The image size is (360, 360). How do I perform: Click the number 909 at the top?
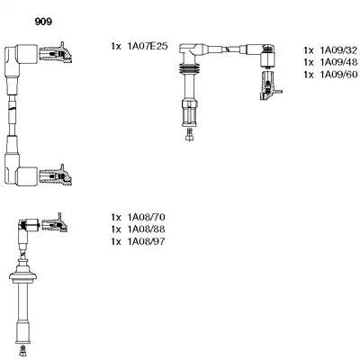(x=43, y=22)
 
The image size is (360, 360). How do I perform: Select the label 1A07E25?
(x=148, y=46)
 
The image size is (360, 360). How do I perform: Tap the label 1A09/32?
(x=338, y=50)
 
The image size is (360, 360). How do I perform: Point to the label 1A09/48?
(x=338, y=62)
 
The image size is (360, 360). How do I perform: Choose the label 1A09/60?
(x=338, y=75)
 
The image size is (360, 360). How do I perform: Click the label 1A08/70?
(x=147, y=217)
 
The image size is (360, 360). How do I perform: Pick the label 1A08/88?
(x=147, y=229)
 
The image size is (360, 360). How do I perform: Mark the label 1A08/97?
(x=147, y=241)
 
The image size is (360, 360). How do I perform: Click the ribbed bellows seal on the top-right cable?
(x=189, y=69)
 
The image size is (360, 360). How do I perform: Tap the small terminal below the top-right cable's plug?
(x=189, y=134)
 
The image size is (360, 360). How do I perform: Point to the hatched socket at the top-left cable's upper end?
(x=56, y=53)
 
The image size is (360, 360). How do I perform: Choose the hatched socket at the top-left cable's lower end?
(x=56, y=175)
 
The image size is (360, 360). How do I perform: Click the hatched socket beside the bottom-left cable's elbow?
(x=55, y=223)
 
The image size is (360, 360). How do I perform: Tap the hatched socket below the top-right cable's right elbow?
(x=269, y=85)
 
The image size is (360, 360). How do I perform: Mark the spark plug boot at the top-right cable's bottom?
(x=189, y=112)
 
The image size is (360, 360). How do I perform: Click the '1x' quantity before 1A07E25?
(x=116, y=47)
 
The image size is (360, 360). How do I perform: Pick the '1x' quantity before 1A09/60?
(x=309, y=75)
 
